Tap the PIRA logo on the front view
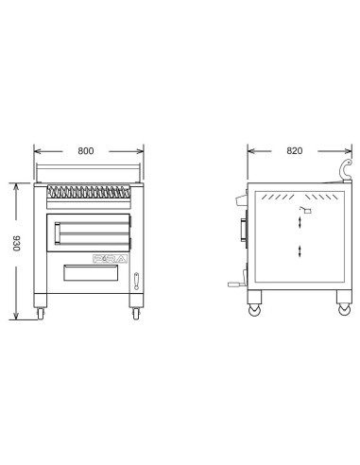(108, 256)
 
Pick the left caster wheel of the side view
(252, 308)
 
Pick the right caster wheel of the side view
(342, 308)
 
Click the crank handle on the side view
(235, 283)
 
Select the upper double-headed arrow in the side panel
(300, 220)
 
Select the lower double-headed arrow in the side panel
(300, 250)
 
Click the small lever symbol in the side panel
(304, 207)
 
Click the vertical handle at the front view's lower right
(136, 280)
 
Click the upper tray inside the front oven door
(93, 226)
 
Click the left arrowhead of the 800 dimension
(36, 149)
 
